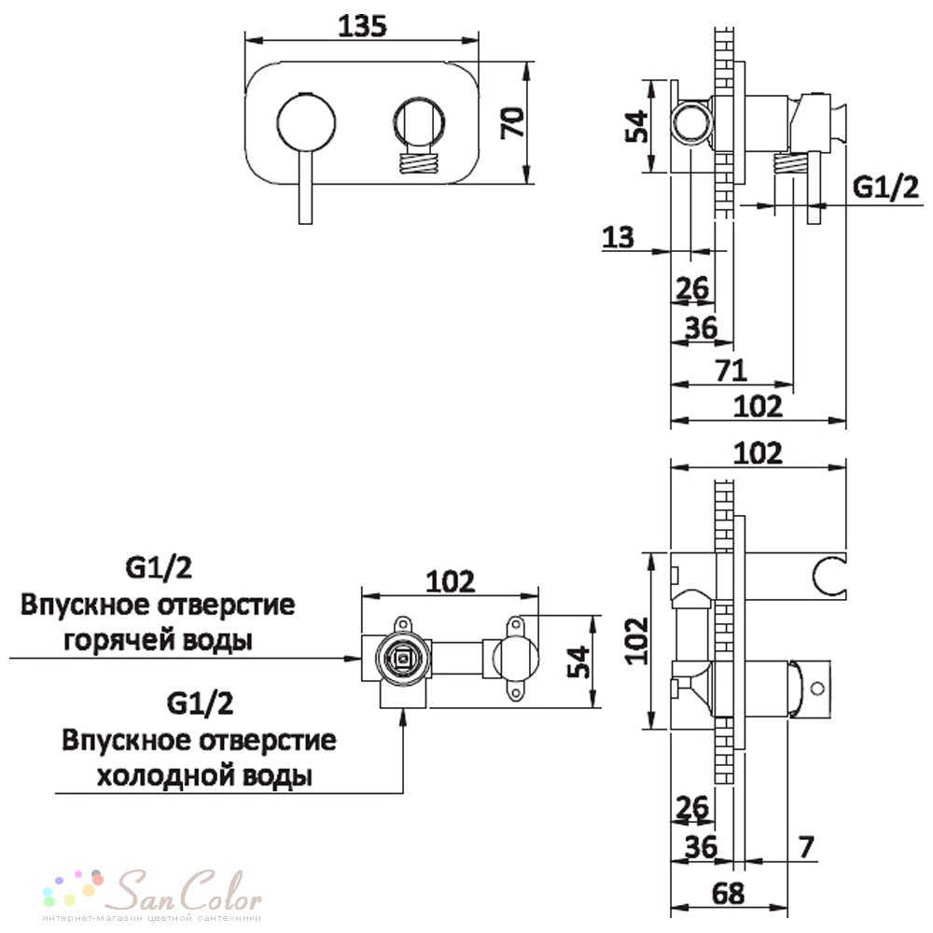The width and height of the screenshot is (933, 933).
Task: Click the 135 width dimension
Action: (362, 26)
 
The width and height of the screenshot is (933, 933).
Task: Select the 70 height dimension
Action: (513, 122)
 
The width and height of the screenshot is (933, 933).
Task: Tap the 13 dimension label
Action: (619, 237)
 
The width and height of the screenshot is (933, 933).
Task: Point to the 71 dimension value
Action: (731, 370)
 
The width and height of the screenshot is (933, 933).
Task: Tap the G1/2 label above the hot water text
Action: (159, 567)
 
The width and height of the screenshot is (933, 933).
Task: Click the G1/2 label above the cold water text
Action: (200, 703)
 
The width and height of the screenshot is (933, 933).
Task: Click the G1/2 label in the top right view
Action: (885, 188)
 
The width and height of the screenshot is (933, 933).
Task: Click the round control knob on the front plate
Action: (306, 122)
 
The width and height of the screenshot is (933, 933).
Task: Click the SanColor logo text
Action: (188, 891)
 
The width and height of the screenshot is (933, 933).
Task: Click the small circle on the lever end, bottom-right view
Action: (817, 689)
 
